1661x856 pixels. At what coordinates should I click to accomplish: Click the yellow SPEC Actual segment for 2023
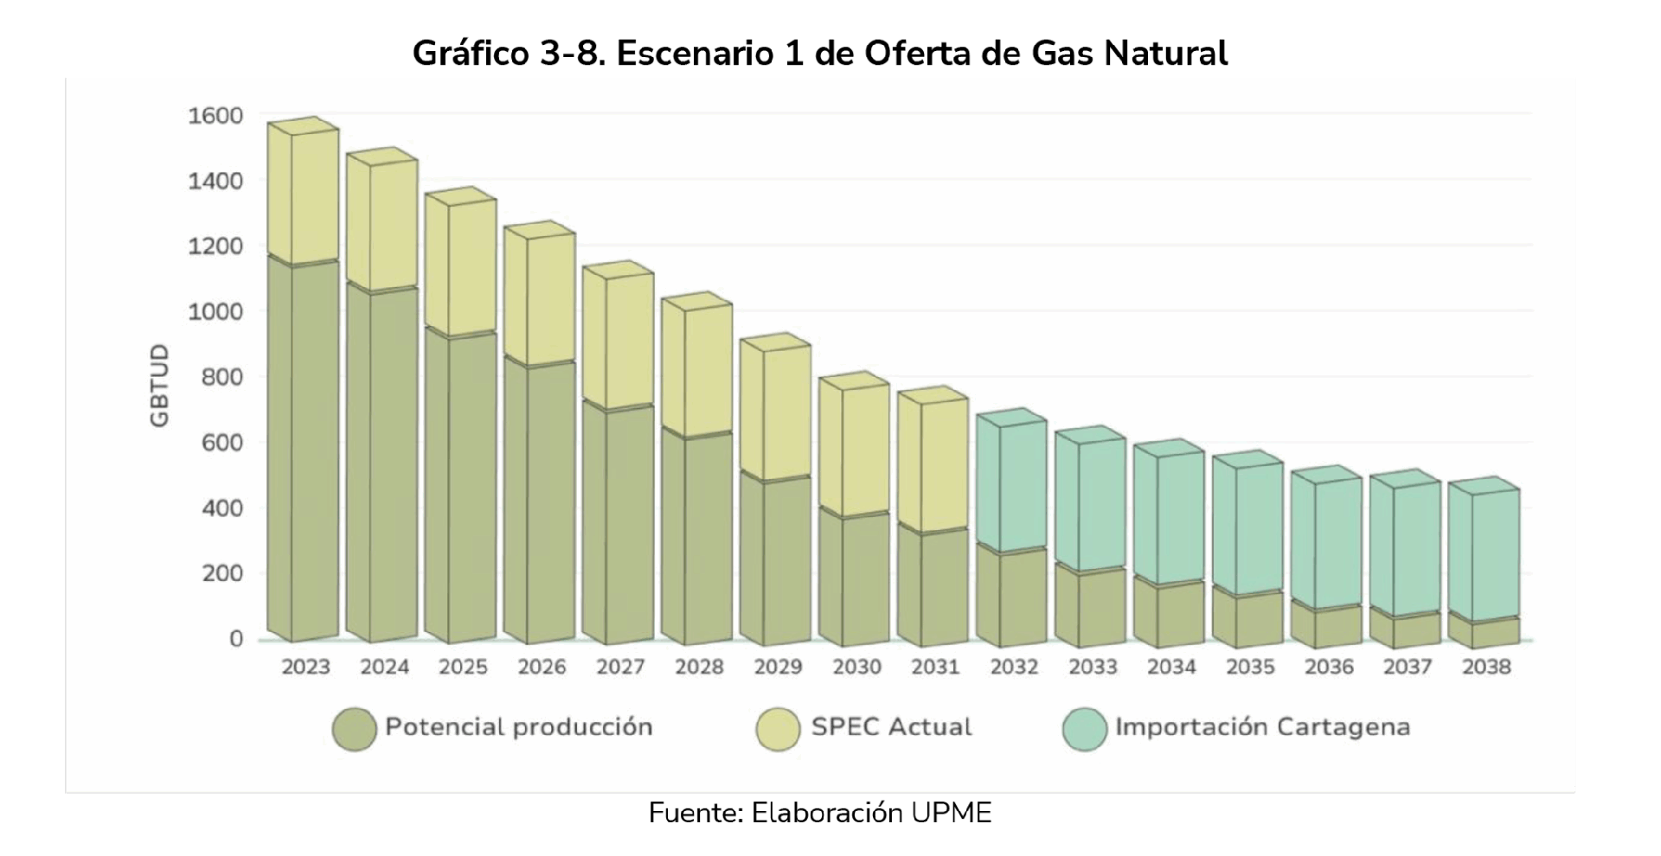click(x=313, y=195)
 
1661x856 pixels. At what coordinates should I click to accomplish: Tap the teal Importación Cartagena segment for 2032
click(x=1023, y=485)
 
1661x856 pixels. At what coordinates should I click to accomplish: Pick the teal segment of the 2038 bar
click(x=1495, y=553)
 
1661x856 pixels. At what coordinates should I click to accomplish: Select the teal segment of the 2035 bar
click(x=1259, y=527)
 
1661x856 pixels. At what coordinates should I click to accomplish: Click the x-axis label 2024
click(x=385, y=668)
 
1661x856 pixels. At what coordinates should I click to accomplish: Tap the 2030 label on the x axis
click(x=856, y=668)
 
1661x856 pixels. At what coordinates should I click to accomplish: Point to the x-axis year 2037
click(x=1408, y=668)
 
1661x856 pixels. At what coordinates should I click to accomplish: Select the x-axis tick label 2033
click(x=1093, y=668)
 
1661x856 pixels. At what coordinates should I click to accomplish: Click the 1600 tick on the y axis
click(x=215, y=116)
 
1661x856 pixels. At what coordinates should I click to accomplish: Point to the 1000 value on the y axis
click(x=215, y=311)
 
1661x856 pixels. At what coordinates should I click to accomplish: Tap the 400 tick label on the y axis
click(x=222, y=508)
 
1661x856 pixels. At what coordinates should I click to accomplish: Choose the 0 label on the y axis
click(x=236, y=639)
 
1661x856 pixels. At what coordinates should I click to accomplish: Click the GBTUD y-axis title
click(x=160, y=386)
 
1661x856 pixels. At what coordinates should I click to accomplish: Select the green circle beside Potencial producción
click(x=355, y=729)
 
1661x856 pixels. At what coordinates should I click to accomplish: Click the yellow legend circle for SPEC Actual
click(x=778, y=729)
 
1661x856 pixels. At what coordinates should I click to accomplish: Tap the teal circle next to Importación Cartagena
click(x=1085, y=729)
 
